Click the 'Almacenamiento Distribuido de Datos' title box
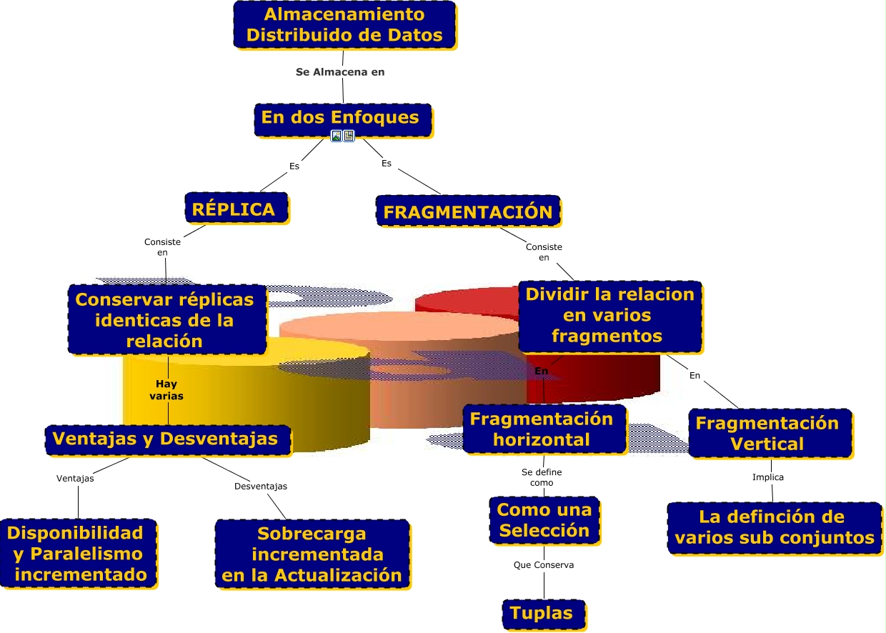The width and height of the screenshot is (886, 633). click(344, 24)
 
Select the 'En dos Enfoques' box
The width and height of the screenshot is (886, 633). click(342, 118)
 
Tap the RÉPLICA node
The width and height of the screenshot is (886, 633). click(236, 208)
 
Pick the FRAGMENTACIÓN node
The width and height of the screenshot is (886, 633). click(467, 211)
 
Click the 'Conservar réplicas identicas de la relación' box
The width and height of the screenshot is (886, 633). click(166, 319)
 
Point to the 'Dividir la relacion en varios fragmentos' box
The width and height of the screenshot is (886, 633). click(609, 315)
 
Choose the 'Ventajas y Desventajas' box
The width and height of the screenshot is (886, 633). click(167, 439)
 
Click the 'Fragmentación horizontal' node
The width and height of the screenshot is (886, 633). click(544, 429)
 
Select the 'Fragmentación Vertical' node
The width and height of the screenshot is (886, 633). click(769, 433)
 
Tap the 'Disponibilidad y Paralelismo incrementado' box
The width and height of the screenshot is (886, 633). click(78, 553)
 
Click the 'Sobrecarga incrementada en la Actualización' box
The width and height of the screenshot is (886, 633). click(312, 554)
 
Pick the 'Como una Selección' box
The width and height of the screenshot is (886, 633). click(544, 520)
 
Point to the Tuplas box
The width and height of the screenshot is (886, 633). click(543, 613)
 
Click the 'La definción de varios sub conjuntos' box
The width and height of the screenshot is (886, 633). click(774, 527)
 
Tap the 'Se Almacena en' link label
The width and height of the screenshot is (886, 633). click(340, 72)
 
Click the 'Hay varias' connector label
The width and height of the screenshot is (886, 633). click(166, 390)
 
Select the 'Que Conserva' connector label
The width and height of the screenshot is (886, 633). click(544, 565)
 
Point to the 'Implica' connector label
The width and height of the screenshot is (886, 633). click(768, 477)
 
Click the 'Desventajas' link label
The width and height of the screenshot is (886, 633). click(261, 487)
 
